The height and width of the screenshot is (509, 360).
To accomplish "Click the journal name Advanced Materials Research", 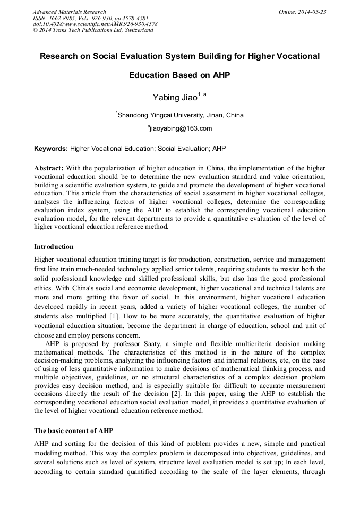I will click(x=69, y=12).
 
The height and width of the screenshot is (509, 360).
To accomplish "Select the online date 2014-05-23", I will click(x=313, y=12).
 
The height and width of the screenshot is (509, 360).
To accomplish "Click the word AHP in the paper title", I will click(x=220, y=75).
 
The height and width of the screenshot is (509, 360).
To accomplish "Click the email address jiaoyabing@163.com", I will click(x=181, y=128).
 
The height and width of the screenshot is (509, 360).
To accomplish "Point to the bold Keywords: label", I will click(x=51, y=149).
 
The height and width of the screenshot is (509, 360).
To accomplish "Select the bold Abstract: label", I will click(x=49, y=168).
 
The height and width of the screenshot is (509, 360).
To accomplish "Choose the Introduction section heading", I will click(x=54, y=247).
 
